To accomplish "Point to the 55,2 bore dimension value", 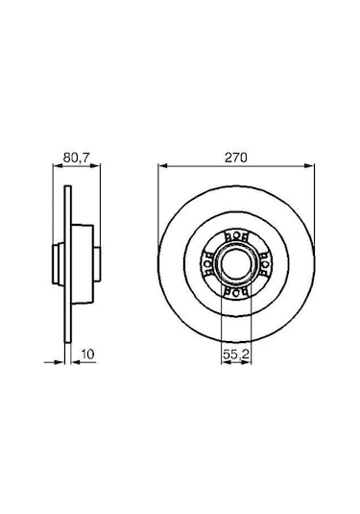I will click(x=230, y=355).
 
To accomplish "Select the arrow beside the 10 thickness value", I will click(x=76, y=364).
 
